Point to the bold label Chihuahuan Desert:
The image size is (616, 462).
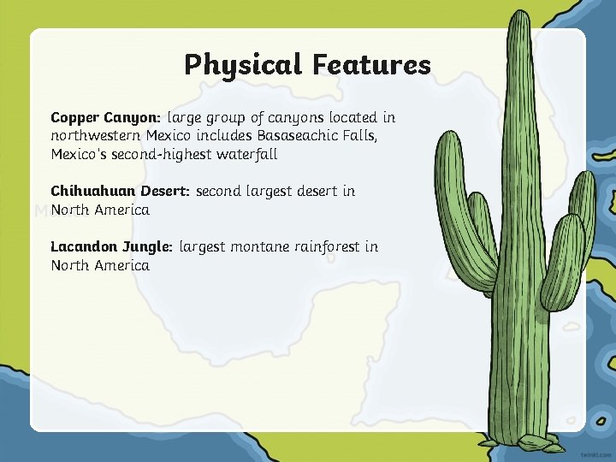120,191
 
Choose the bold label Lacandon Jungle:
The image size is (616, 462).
111,246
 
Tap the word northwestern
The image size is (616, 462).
96,136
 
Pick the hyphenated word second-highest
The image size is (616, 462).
161,155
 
